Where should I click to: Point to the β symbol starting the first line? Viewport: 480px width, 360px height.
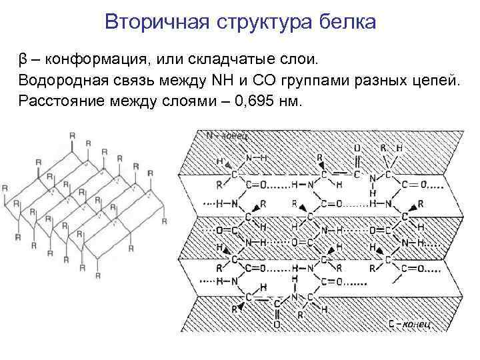[x=23, y=60]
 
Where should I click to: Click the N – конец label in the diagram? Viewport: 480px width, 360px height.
[x=227, y=136]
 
